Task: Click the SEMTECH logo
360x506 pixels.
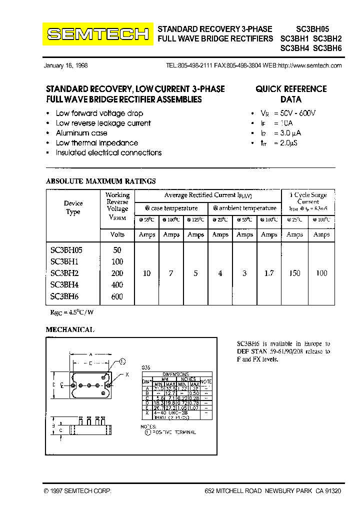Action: click(x=97, y=34)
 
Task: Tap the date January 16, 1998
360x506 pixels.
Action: click(x=66, y=65)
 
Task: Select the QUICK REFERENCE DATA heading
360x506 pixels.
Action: click(x=291, y=94)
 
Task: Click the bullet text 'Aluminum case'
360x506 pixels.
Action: click(x=81, y=133)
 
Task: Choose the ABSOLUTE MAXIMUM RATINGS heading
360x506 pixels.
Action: click(x=101, y=181)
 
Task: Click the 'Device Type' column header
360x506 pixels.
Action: click(x=73, y=207)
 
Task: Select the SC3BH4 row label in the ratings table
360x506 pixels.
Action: click(x=65, y=285)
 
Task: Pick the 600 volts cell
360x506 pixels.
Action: click(x=117, y=296)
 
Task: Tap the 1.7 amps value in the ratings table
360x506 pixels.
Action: click(x=269, y=273)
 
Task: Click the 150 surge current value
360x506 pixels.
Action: click(x=295, y=273)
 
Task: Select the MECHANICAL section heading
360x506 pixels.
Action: click(x=70, y=329)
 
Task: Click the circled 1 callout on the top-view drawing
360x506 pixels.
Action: click(x=123, y=361)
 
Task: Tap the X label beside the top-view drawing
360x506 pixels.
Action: click(x=127, y=374)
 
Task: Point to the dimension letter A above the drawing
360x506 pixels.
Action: click(x=90, y=354)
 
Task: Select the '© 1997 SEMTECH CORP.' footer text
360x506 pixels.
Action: click(x=77, y=491)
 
